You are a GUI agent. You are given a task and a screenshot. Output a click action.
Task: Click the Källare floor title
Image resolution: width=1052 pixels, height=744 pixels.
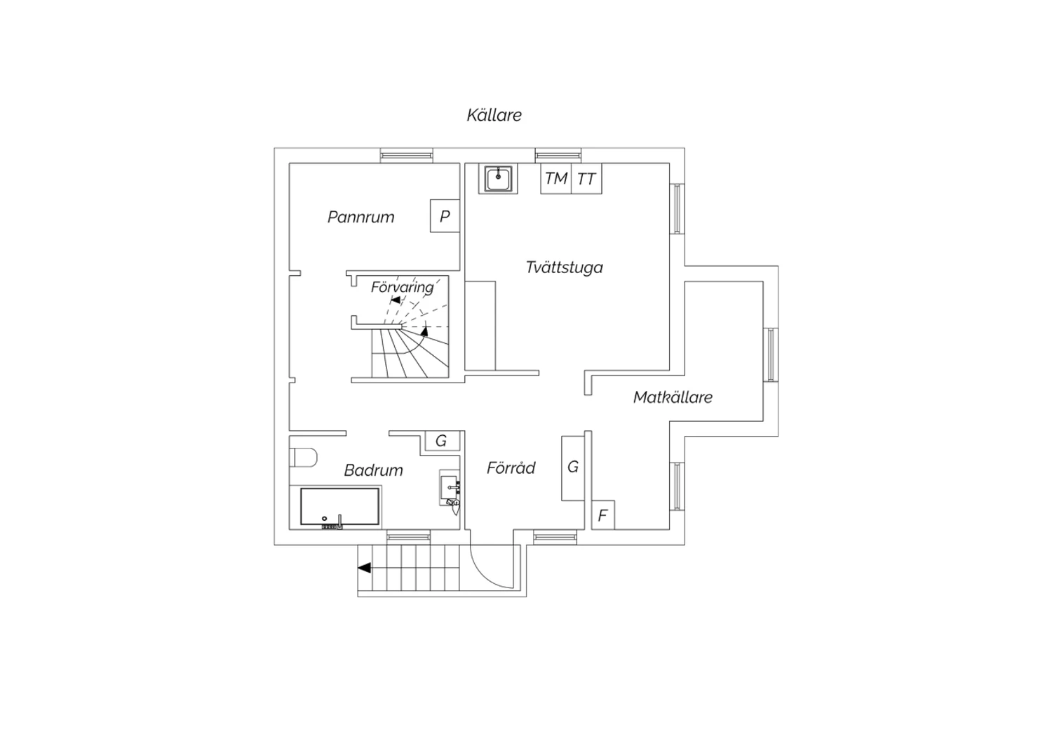[x=494, y=115]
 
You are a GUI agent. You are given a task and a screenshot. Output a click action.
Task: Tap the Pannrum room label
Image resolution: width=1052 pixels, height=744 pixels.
[x=360, y=217]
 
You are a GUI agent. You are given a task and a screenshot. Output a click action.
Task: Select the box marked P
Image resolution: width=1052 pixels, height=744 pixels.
[x=445, y=215]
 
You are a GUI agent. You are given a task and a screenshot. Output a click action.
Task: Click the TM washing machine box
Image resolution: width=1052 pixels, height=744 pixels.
[x=556, y=178]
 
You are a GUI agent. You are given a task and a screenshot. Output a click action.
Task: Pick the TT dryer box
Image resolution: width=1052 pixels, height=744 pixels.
[x=586, y=178]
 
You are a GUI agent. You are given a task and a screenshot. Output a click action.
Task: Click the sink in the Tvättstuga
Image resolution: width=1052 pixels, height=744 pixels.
[x=498, y=178]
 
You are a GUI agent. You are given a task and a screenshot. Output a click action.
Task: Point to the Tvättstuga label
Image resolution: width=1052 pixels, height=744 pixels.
[x=564, y=267]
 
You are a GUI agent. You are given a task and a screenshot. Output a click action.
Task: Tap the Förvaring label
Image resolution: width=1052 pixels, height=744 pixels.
[x=402, y=287]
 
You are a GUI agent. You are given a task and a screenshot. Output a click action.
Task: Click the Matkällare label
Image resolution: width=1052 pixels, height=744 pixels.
[x=673, y=397]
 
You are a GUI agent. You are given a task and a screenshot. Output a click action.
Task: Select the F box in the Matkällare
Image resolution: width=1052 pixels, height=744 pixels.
[x=603, y=515]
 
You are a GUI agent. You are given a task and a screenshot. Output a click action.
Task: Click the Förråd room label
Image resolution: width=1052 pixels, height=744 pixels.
[x=511, y=467]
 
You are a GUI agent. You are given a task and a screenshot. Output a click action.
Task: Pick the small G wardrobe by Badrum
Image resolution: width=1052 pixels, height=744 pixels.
[x=442, y=441]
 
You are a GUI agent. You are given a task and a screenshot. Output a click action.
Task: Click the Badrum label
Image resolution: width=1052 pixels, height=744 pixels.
[x=373, y=470]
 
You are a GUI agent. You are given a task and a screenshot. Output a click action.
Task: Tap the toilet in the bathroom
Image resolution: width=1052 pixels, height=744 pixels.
[x=303, y=458]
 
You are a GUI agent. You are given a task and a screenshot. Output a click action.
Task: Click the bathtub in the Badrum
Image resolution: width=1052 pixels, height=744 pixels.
[x=339, y=506]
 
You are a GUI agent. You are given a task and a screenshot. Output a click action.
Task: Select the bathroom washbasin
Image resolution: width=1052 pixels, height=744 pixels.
[x=450, y=487]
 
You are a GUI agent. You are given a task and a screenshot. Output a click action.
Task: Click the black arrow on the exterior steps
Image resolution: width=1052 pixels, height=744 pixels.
[x=365, y=568]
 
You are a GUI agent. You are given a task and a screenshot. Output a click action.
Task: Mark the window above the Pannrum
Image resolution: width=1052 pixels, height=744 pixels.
[x=406, y=155]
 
